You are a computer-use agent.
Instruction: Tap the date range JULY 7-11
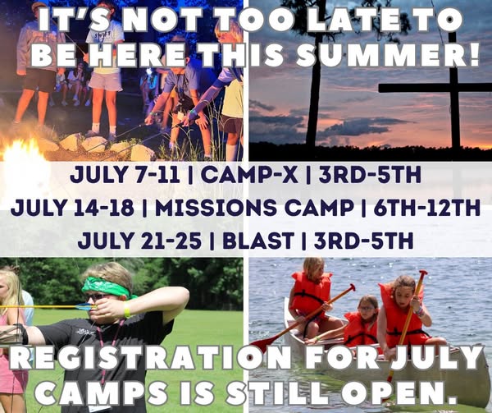pos(125,176)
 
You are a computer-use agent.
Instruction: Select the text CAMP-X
pos(249,176)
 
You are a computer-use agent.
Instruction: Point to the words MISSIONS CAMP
pos(253,208)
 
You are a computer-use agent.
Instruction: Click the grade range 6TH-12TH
pos(426,208)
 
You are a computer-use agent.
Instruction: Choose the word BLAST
pos(258,241)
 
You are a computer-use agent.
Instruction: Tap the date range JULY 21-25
pos(139,241)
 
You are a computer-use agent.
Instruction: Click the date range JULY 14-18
pos(72,208)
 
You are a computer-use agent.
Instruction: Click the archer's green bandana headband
pos(106,287)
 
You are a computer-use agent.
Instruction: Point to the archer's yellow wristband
pos(127,310)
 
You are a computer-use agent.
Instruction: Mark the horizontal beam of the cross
pos(435,88)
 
